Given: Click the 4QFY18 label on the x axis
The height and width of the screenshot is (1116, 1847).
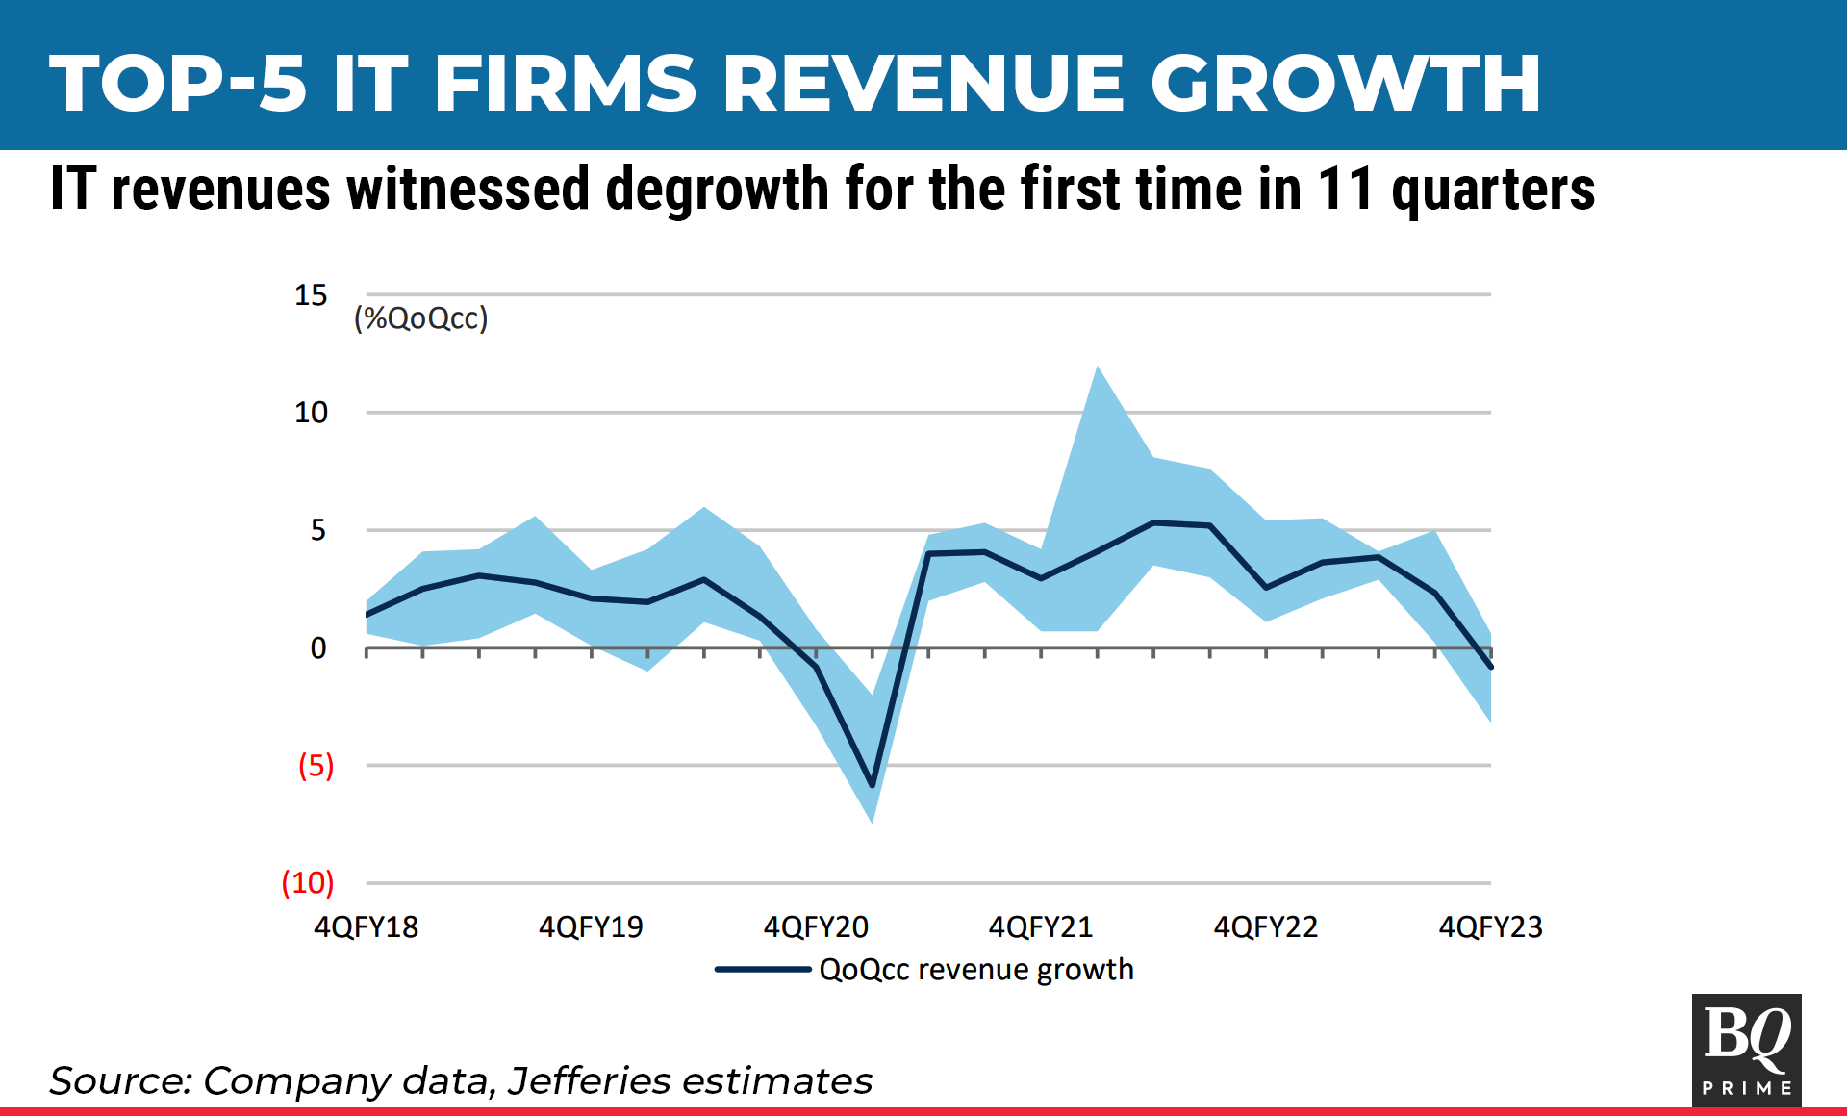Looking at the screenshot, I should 367,926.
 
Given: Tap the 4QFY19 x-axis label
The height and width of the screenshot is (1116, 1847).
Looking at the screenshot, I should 591,926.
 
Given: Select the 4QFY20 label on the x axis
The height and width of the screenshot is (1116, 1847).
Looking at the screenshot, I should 816,926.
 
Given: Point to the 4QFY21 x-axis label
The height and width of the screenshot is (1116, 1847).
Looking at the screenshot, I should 1041,926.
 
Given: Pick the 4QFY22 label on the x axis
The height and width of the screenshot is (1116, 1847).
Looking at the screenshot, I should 1266,926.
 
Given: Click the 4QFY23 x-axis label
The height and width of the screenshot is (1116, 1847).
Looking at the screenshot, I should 1490,926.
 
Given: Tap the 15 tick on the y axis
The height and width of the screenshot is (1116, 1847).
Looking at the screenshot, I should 311,295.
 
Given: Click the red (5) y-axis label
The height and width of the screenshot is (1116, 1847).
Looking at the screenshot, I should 316,766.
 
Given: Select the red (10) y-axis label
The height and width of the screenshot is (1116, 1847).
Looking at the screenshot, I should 308,882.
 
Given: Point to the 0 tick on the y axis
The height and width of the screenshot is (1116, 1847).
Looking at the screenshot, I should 318,648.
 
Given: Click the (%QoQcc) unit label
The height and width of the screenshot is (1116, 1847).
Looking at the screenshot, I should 421,318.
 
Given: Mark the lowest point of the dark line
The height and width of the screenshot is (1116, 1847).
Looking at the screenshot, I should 873,786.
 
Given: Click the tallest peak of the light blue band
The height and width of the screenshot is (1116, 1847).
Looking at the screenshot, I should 1098,368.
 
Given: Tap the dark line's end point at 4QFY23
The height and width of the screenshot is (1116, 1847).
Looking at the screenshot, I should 1490,667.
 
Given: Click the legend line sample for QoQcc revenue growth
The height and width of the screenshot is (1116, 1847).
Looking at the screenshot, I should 763,969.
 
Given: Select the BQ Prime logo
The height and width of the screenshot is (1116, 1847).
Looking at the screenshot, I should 1746,1050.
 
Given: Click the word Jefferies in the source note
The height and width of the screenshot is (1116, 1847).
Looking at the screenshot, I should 589,1080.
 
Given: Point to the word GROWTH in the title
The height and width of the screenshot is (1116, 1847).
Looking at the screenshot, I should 1346,83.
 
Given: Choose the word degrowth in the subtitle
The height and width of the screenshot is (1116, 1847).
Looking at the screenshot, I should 718,189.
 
